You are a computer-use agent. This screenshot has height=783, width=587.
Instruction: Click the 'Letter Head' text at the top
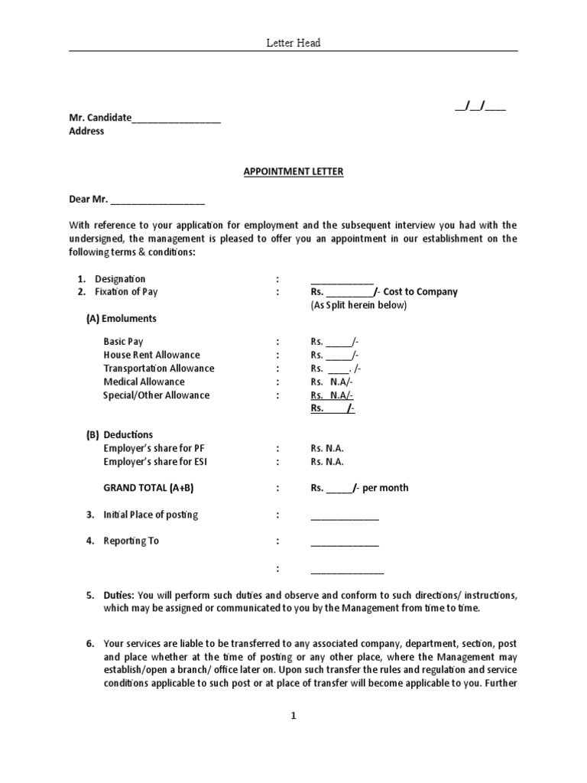pos(293,44)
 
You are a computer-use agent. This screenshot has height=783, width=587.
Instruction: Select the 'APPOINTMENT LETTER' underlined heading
pos(293,172)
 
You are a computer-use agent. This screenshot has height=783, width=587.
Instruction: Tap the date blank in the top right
pos(480,106)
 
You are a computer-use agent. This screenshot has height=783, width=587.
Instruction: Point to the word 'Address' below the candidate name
pos(87,132)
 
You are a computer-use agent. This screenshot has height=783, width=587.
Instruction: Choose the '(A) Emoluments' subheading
pos(121,319)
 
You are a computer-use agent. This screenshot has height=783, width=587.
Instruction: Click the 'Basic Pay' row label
pos(124,342)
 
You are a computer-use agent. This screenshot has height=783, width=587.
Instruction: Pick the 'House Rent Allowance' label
pos(151,356)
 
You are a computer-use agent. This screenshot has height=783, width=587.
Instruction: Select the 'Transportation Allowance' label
pos(159,369)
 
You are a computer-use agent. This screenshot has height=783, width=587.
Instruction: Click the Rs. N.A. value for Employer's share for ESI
pos(327,462)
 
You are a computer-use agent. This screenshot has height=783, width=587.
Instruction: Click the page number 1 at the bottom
pos(293,716)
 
